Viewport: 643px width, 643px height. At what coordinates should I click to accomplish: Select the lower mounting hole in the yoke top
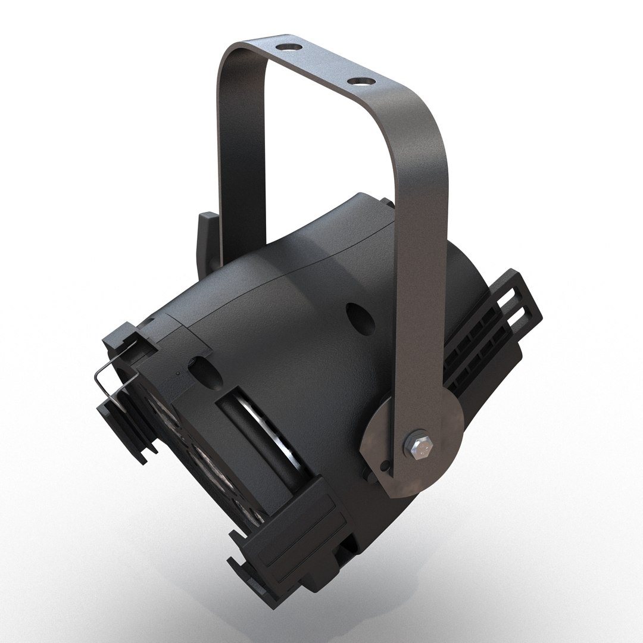pyautogui.click(x=359, y=80)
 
